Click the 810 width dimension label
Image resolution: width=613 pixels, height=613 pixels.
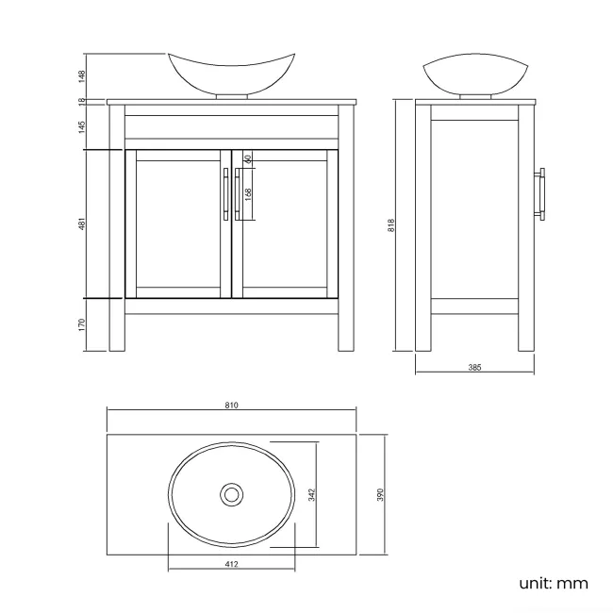231,406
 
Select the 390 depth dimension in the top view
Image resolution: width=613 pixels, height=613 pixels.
380,494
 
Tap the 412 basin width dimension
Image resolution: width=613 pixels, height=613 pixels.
232,564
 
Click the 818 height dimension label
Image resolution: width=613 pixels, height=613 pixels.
390,224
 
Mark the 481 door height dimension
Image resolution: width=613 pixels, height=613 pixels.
83,224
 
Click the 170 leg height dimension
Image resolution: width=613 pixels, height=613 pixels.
83,324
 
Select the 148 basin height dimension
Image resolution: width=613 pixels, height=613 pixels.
83,75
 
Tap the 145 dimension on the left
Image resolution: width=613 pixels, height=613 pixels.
83,124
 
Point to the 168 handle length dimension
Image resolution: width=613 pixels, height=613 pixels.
247,193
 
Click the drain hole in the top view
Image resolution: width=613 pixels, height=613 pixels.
231,493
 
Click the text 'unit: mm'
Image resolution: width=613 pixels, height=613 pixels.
553,583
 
